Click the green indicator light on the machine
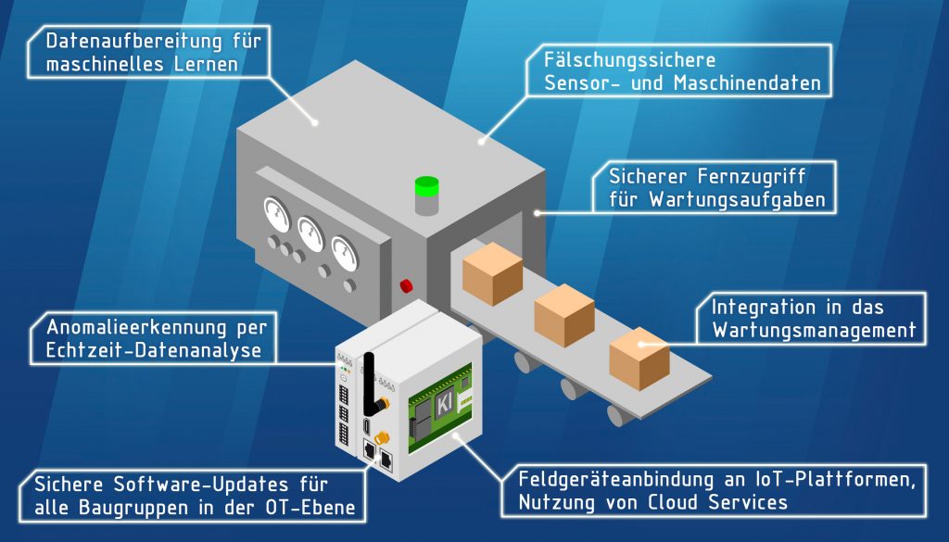(x=426, y=186)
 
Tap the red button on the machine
(x=405, y=285)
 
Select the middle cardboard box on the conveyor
(x=564, y=314)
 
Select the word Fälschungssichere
(x=630, y=61)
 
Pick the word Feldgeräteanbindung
(x=617, y=480)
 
